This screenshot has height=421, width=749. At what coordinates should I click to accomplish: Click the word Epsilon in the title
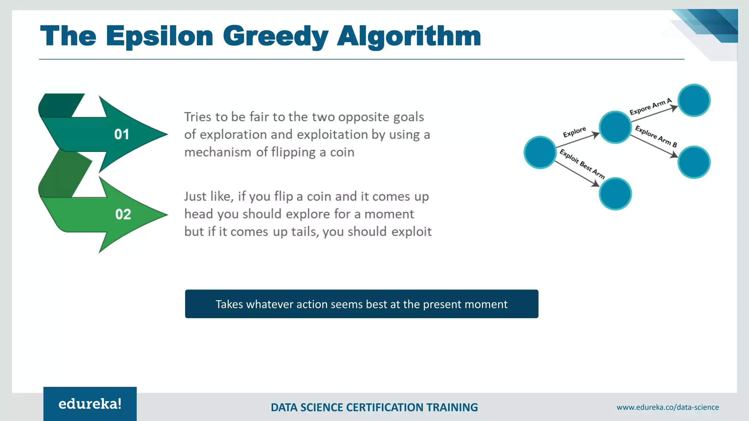click(159, 37)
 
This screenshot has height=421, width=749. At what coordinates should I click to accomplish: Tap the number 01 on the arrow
click(122, 134)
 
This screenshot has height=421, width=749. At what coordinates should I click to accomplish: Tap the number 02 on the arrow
click(123, 214)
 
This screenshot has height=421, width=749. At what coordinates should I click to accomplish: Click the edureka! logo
click(90, 404)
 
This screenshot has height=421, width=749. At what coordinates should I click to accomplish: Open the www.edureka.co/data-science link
click(667, 407)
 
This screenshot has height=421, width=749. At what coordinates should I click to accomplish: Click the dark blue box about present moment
click(361, 304)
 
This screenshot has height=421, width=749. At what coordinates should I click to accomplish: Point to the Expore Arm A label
click(651, 107)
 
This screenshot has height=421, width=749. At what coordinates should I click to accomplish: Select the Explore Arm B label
click(656, 136)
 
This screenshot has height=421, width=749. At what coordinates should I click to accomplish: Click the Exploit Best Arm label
click(582, 164)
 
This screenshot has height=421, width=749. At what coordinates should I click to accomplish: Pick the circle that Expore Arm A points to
click(694, 100)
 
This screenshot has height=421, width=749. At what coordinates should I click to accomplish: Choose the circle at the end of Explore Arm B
click(694, 162)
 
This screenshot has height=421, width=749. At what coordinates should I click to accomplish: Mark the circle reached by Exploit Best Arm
click(615, 194)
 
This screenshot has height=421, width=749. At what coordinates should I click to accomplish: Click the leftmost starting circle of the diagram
click(540, 152)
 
